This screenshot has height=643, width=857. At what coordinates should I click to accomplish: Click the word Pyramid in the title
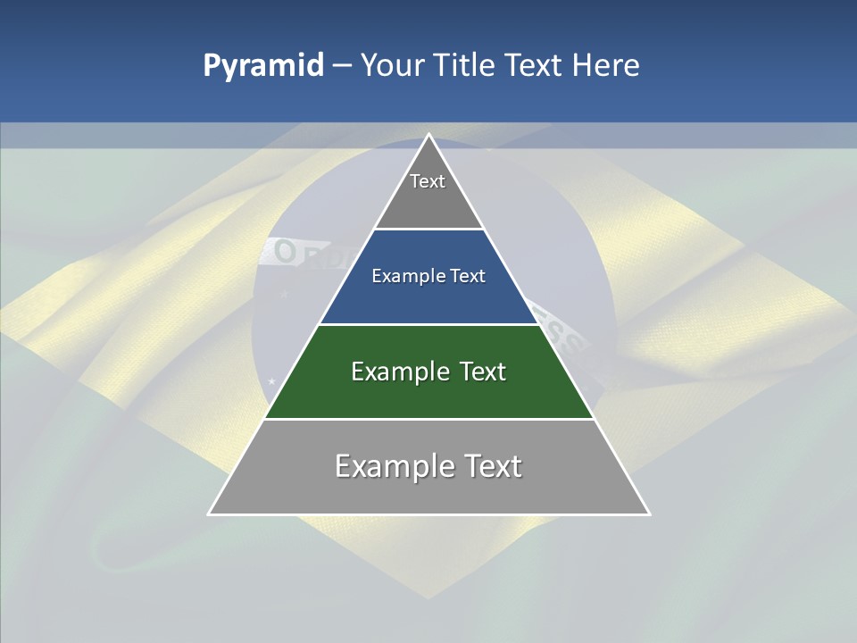click(x=263, y=66)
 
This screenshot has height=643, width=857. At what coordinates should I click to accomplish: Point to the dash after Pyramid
click(x=341, y=66)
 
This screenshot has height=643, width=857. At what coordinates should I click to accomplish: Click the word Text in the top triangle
click(x=428, y=181)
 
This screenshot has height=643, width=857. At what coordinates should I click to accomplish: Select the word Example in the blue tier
click(x=403, y=277)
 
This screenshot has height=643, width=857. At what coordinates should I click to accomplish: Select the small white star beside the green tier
click(x=271, y=381)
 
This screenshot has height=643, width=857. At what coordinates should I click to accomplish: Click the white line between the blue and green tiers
click(x=429, y=324)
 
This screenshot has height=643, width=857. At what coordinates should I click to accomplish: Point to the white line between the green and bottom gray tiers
click(x=429, y=419)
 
